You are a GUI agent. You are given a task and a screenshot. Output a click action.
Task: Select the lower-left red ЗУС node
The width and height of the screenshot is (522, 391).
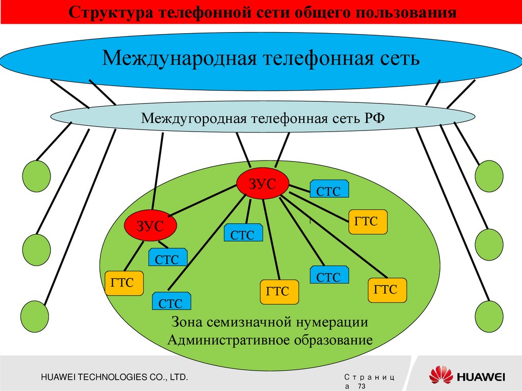150,225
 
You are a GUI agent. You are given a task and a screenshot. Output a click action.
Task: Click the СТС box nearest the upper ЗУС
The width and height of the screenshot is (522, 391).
330,189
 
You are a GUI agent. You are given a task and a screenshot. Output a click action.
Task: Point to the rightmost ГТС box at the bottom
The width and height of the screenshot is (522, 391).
387,290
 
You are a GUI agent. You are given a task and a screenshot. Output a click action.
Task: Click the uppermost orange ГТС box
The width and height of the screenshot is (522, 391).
368,222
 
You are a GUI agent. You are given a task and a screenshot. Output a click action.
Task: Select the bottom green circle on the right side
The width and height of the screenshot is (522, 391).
488,314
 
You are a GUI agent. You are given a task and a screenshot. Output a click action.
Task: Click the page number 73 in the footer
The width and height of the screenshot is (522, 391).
362,387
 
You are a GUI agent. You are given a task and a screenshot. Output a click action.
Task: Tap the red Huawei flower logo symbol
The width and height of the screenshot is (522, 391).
440,376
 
